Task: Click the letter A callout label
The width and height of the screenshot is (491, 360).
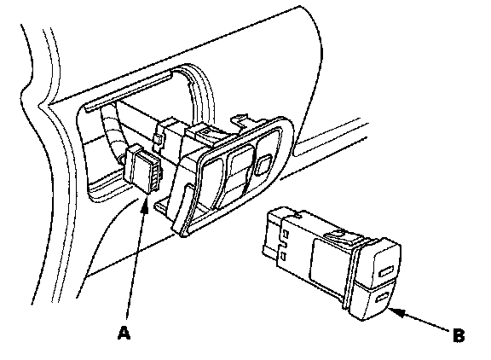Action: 124,333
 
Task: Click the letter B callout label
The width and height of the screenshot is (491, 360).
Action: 459,335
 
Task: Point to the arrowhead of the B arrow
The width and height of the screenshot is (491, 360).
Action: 396,311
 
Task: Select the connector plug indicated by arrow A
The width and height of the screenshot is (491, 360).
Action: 142,169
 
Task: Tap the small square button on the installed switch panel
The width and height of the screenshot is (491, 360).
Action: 264,165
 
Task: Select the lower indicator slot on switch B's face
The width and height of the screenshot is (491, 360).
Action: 382,297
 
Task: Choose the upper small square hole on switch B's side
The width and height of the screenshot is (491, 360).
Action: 286,234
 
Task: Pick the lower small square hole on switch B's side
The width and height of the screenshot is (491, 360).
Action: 284,256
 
